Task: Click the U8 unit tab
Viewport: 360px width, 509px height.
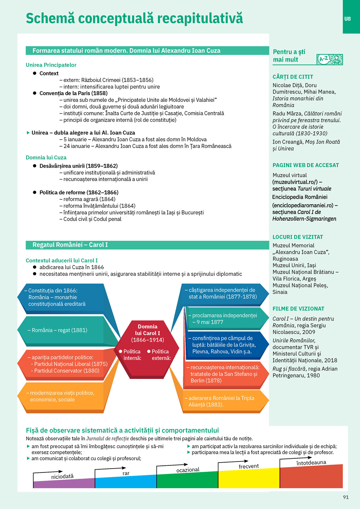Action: (x=347, y=19)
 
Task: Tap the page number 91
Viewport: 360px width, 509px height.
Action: (x=346, y=497)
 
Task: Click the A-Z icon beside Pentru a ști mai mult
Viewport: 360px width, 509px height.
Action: (x=329, y=59)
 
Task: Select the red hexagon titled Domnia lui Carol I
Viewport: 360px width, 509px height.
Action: (x=147, y=348)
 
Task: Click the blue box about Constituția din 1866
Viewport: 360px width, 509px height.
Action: (x=62, y=297)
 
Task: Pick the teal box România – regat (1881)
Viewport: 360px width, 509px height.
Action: (x=62, y=330)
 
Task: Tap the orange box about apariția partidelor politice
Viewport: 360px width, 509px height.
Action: (x=65, y=364)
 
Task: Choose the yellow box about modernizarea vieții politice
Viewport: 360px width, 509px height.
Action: (x=62, y=397)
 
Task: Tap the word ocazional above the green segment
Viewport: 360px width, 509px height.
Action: (x=188, y=470)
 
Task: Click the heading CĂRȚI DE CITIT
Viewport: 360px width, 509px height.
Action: (x=293, y=77)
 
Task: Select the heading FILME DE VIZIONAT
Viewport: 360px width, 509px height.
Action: (x=298, y=309)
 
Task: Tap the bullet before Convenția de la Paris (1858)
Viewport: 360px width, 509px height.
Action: (x=35, y=93)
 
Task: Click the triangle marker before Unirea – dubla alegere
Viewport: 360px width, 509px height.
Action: (x=28, y=133)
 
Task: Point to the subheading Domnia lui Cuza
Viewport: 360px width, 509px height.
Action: (x=46, y=157)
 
